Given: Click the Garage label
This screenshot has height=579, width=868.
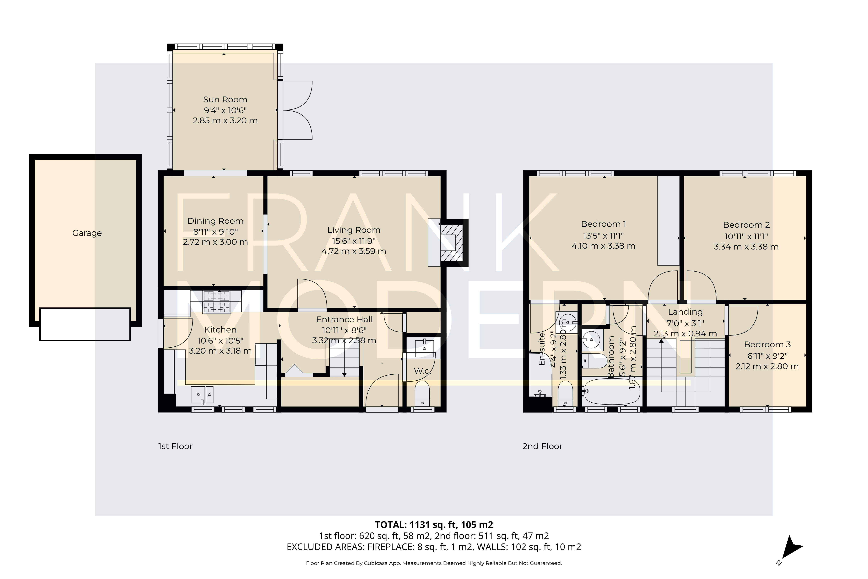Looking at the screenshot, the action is [87, 233].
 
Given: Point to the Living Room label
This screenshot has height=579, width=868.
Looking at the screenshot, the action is [354, 230].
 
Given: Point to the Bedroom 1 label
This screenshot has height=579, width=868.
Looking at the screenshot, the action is [603, 224].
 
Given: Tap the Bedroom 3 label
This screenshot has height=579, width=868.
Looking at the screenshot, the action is [767, 345].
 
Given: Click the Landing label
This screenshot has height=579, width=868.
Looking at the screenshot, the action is [685, 312].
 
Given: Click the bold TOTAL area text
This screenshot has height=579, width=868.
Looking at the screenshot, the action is [434, 525].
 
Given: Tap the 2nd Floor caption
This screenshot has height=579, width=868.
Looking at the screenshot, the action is [542, 446].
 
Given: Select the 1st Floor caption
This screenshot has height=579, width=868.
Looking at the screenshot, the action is [175, 446].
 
